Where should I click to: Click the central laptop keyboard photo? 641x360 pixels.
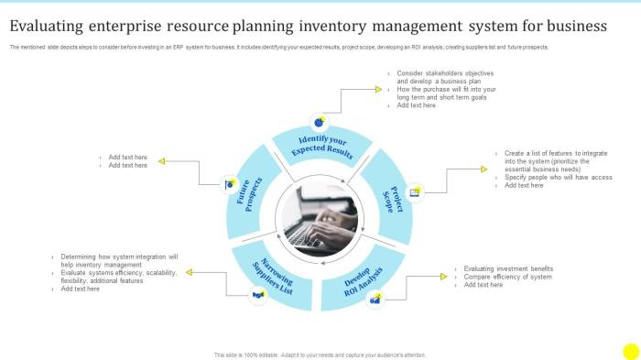(320, 220)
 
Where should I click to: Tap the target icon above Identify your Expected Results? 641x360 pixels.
(319, 121)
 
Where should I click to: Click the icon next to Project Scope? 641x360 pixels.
(415, 192)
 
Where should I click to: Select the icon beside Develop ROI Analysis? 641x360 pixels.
(375, 298)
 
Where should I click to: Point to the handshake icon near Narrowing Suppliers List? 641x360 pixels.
(258, 294)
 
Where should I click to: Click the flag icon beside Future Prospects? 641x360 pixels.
(229, 184)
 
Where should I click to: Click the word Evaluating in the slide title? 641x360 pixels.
(54, 26)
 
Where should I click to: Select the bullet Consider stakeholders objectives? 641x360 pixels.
(446, 72)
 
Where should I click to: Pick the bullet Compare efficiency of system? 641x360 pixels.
(507, 277)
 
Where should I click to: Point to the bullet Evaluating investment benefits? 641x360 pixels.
(508, 268)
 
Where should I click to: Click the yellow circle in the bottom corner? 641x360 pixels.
(630, 351)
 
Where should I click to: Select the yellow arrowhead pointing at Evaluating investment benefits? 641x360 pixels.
(442, 271)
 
